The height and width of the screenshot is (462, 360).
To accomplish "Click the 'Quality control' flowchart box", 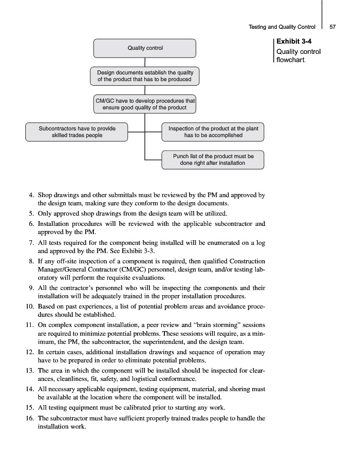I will coord(145,48).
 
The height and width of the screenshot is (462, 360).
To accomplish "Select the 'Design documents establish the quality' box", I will coord(145,76).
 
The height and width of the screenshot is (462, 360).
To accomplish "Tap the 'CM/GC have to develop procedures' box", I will coord(145,104).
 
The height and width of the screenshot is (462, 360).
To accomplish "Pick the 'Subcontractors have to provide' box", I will coord(77,132).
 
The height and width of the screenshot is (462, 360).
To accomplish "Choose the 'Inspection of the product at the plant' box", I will coord(213,132).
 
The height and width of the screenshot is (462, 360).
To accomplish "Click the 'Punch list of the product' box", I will coord(213,160).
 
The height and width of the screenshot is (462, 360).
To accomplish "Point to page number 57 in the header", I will coord(332,27).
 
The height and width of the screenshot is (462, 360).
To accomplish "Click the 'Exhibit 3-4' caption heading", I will coord(292,42).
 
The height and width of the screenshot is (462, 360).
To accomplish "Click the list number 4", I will coord(31,195).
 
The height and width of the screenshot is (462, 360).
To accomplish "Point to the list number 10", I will coord(29,306).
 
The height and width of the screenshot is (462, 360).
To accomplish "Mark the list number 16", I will coord(29,418).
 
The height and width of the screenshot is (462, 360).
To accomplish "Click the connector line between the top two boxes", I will coord(145,62).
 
